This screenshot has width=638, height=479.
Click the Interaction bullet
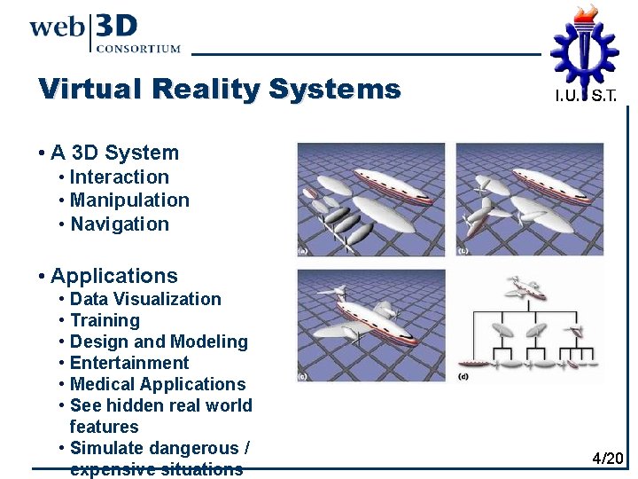coord(119,177)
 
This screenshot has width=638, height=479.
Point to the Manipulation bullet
coord(129,200)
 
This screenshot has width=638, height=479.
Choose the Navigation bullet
coord(119,224)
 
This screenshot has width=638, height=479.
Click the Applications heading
coord(113,276)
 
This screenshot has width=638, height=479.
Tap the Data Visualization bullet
coord(145,299)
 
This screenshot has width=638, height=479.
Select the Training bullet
coord(105,320)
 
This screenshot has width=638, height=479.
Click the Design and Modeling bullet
coord(159,342)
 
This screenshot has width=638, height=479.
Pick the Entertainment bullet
coord(129,363)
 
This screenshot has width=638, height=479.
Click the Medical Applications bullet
coord(158,384)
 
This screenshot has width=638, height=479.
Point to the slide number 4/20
coord(608,459)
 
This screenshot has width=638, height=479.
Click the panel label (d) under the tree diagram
coord(463,377)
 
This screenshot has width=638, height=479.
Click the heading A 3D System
coord(114,153)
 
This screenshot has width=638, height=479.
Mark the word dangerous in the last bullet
coord(193,448)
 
